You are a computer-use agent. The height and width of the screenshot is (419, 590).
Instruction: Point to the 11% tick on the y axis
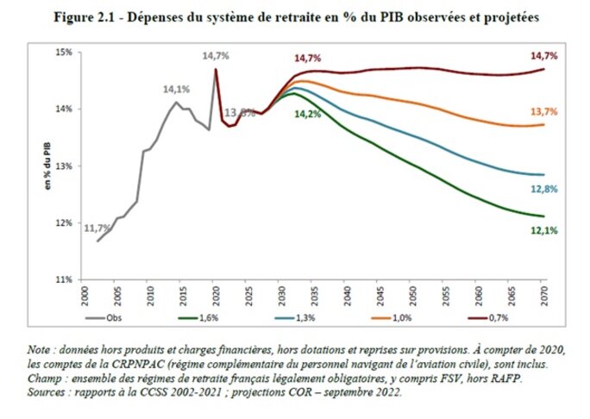(63, 280)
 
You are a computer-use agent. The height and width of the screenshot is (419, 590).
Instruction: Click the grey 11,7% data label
(97, 228)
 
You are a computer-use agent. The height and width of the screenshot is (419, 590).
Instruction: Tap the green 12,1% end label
(543, 231)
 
